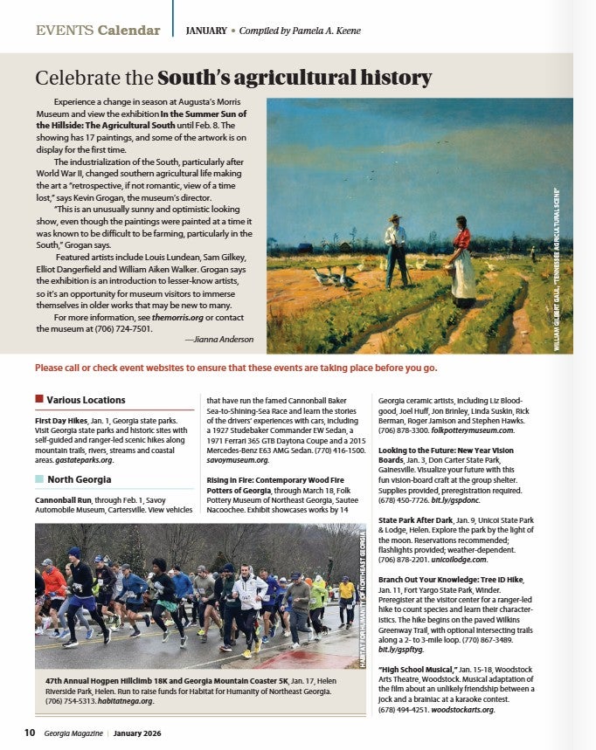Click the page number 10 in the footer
29,733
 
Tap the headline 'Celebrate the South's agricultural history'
233,78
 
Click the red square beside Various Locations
39,399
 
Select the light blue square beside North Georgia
39,478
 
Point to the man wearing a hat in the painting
396,250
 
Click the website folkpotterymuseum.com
468,430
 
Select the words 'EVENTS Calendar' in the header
98,31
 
